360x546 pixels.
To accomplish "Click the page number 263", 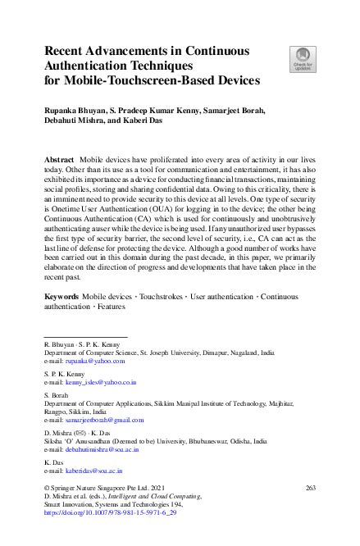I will click(x=310, y=488).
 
